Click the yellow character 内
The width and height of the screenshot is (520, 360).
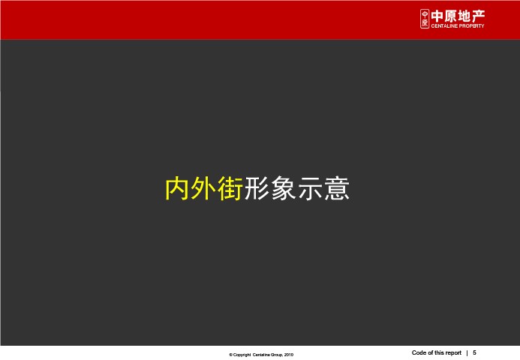pos(178,188)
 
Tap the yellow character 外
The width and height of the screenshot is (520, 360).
pos(204,188)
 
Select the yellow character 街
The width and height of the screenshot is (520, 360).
pos(230,188)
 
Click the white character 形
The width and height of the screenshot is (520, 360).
pos(257,188)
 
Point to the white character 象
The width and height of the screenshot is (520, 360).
pos(283,188)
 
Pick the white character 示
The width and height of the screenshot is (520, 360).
pos(310,188)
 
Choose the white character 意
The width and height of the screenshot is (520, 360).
pos(337,188)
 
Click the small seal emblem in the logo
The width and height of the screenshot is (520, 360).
pos(425,19)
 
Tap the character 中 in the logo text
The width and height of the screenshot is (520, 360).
pos(437,16)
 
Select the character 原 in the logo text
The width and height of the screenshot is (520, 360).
pos(451,16)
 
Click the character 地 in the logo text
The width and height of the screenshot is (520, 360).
pos(464,16)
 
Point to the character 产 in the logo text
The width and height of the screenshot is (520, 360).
pos(478,16)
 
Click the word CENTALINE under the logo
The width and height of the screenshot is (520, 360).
pos(444,25)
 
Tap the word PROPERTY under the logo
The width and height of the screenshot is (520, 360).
pos(472,25)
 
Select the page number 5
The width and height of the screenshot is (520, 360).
pos(474,352)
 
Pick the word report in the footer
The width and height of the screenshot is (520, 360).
pos(453,353)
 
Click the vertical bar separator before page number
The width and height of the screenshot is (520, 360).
pos(467,353)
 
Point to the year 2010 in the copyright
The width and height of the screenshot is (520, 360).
pos(289,355)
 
